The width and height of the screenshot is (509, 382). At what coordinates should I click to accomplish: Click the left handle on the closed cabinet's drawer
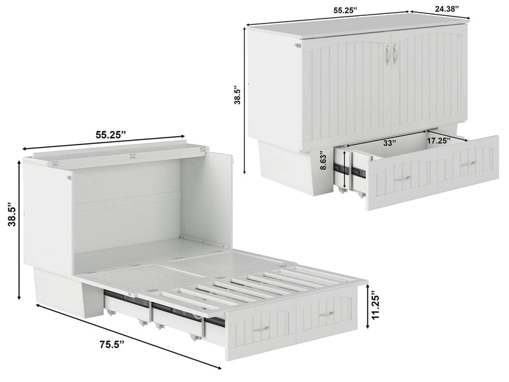point(401,180)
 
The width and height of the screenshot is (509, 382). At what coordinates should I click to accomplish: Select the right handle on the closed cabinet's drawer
point(468,164)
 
